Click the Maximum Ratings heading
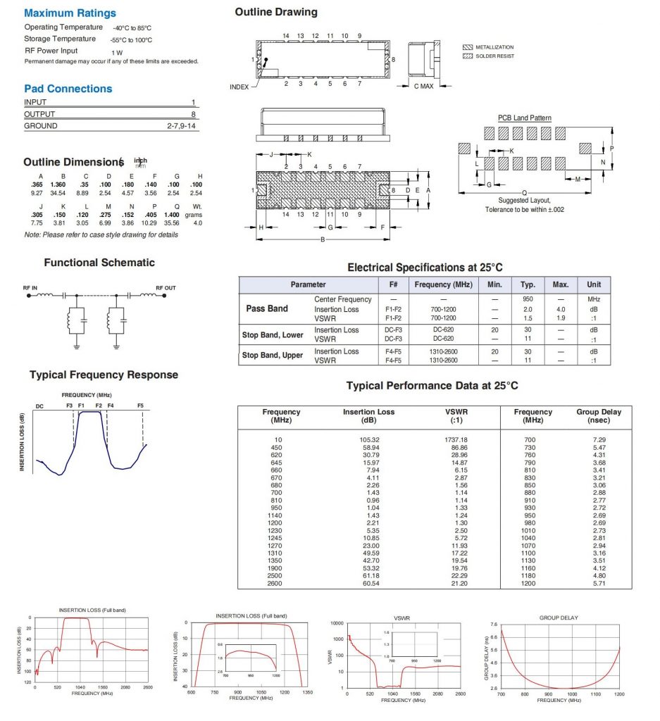(x=70, y=13)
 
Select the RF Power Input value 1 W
(x=116, y=52)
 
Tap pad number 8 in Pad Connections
(x=193, y=114)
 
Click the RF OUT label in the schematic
(x=166, y=287)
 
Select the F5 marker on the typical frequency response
(x=140, y=406)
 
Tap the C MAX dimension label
(x=423, y=86)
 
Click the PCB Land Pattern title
(x=525, y=118)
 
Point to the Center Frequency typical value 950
(x=528, y=299)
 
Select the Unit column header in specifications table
(x=594, y=284)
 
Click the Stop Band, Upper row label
(x=273, y=356)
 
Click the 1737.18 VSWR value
(x=456, y=439)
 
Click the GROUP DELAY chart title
(x=558, y=617)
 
